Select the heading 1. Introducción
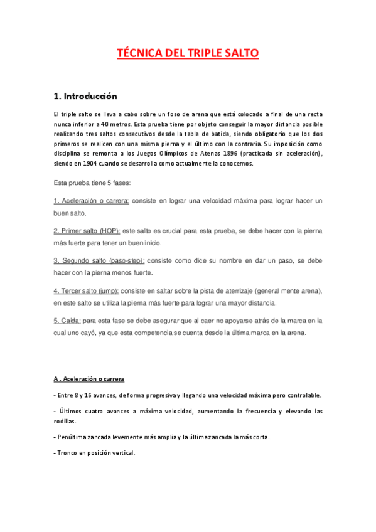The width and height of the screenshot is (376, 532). (86, 97)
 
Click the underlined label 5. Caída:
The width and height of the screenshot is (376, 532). (72, 321)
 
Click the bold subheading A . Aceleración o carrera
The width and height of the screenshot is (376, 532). (89, 380)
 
